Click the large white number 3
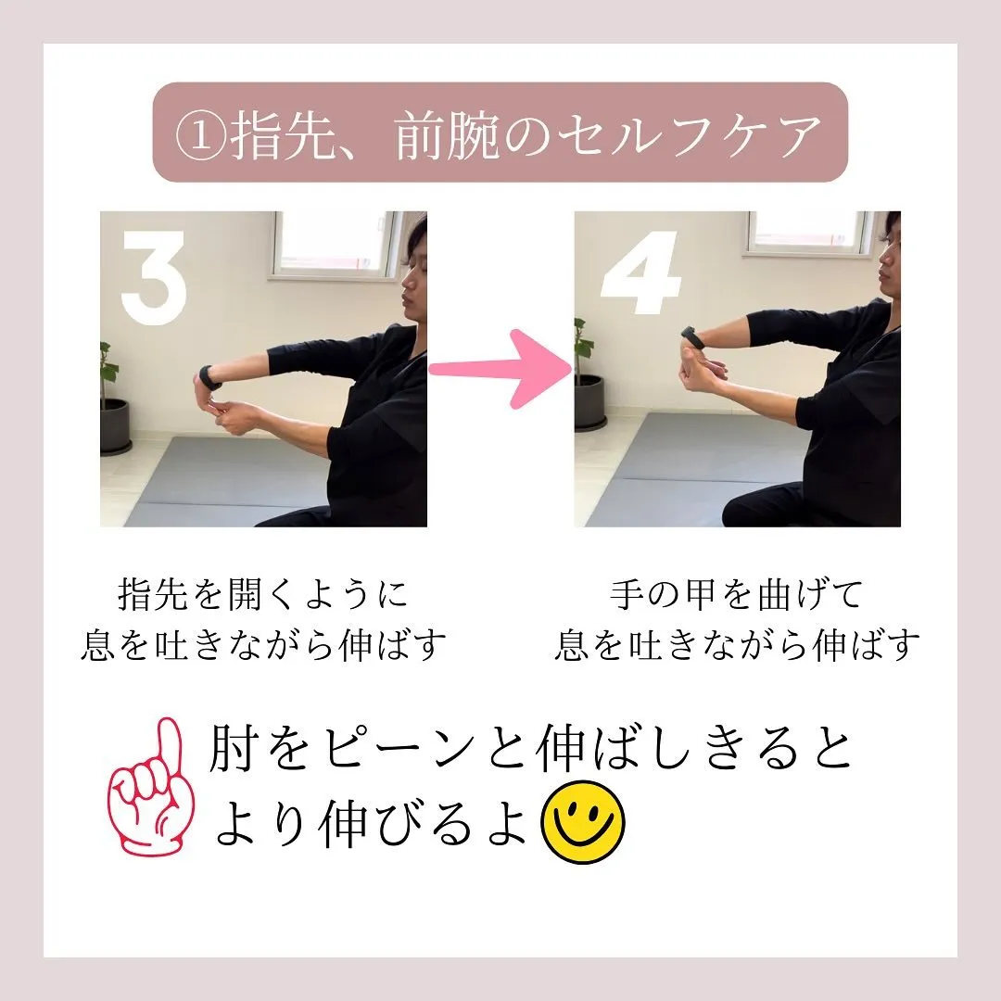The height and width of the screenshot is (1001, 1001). [154, 278]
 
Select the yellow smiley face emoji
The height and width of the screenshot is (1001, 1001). [583, 822]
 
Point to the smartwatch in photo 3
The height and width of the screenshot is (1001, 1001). [210, 378]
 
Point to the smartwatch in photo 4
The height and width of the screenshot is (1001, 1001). [691, 336]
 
